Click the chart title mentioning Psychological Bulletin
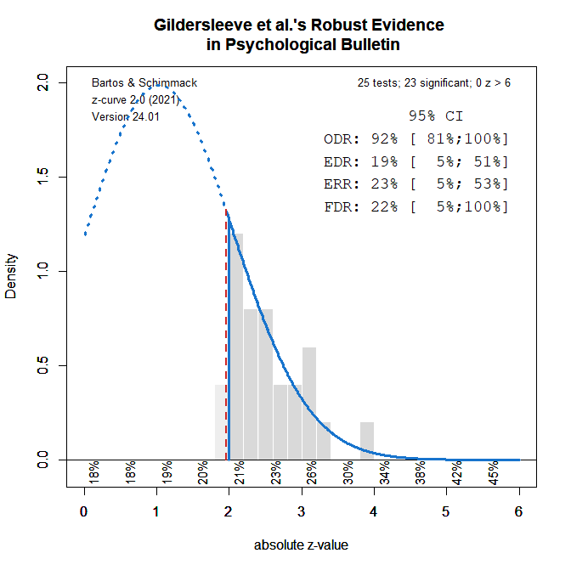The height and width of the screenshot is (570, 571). (299, 34)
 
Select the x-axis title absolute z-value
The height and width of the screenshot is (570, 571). (301, 545)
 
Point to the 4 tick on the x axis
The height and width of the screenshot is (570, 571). (373, 511)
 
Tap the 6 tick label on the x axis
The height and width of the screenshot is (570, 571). (518, 511)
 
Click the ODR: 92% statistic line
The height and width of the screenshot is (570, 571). (416, 138)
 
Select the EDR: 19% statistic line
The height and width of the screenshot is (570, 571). (416, 161)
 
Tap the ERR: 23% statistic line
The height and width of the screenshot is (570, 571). (416, 183)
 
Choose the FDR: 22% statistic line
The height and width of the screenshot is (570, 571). (416, 206)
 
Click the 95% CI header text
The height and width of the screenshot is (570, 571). (435, 116)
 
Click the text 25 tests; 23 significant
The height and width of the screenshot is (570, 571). (434, 83)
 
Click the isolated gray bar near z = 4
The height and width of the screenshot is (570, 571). (367, 441)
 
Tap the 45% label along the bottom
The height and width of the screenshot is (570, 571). (493, 472)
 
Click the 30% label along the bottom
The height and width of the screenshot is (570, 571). (348, 472)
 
